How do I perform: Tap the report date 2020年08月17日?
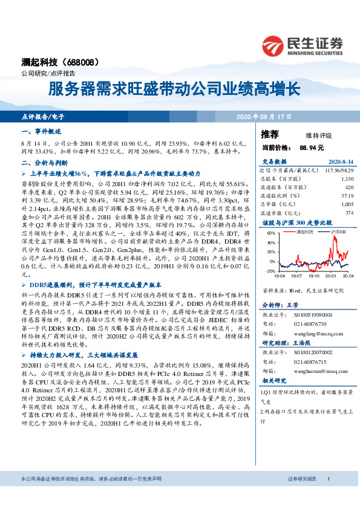(264, 115)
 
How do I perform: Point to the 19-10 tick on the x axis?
(313, 276)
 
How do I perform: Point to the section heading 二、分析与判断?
(41, 163)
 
